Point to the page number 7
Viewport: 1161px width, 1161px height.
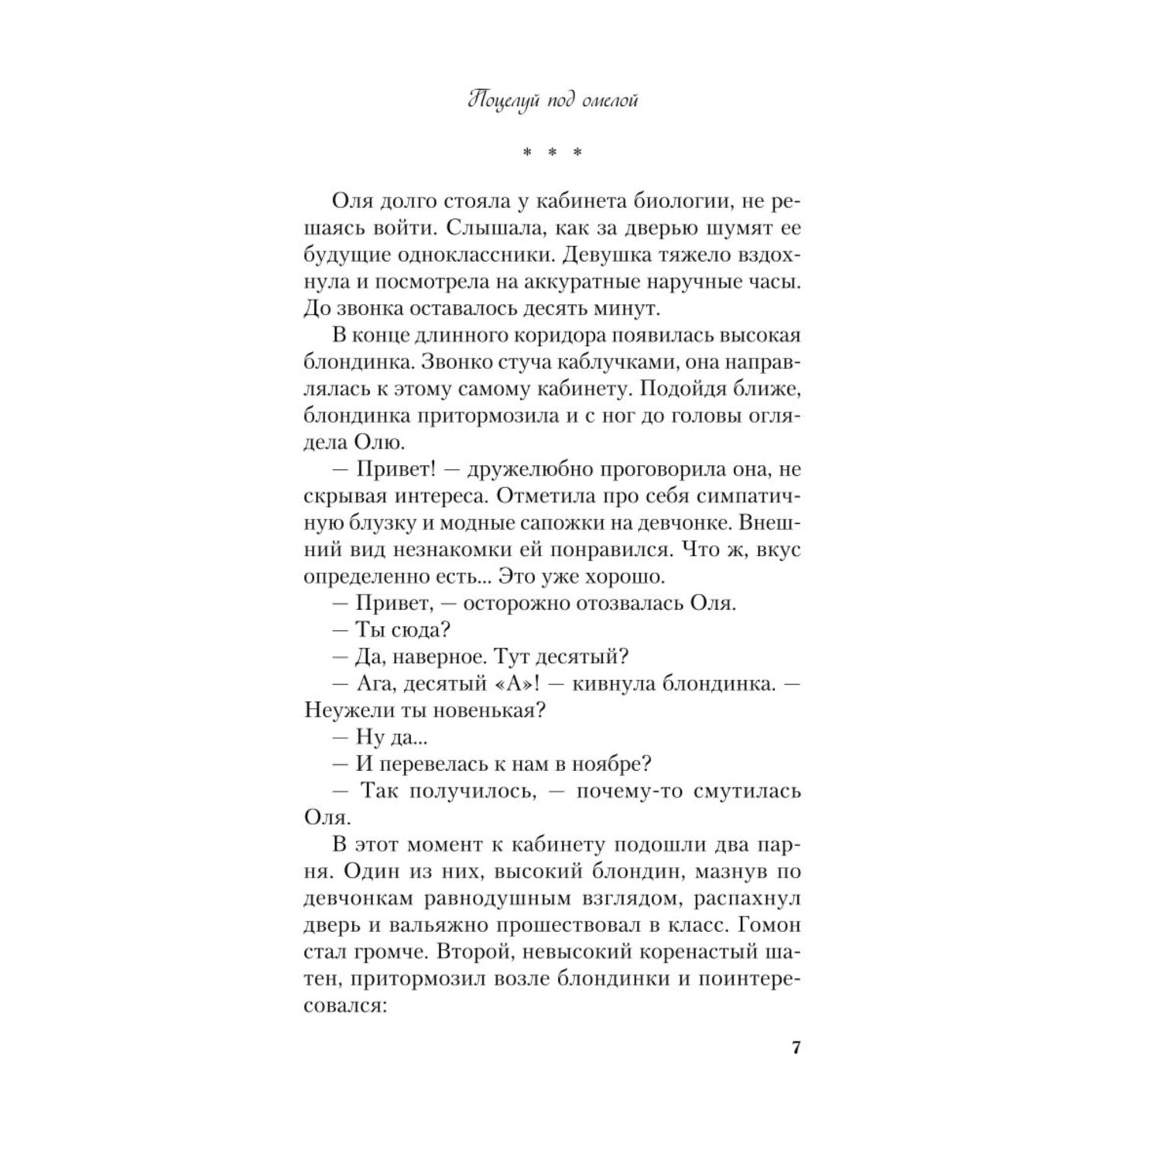coord(796,1048)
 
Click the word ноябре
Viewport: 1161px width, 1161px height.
coord(611,765)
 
